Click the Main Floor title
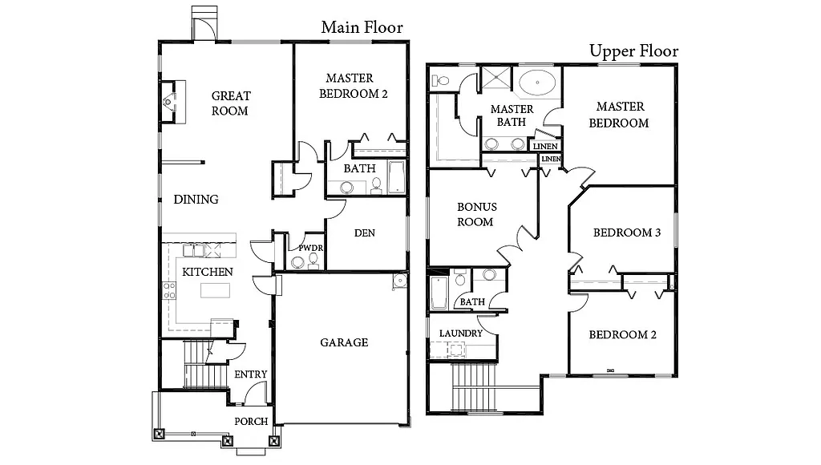pos(362,27)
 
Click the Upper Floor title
pos(633,51)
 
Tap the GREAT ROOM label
pos(231,103)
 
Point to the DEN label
pos(365,233)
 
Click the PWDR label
pos(310,248)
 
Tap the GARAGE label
pos(344,342)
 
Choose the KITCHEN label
pos(207,272)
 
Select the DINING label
pos(196,199)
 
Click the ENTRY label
pos(250,374)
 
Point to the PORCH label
pos(250,422)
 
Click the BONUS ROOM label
pos(476,214)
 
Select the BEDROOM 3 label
pos(626,233)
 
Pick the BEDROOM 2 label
pos(622,334)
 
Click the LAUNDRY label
pos(460,333)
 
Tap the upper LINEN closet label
pos(545,147)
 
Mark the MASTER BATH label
pos(512,115)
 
